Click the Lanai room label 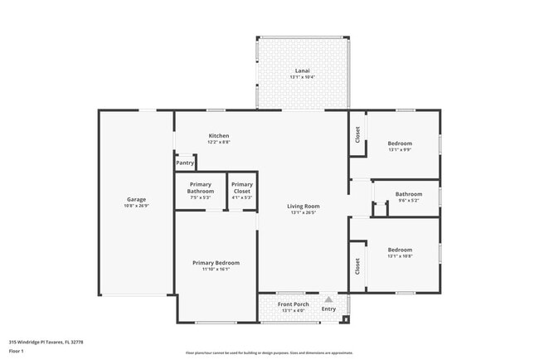tap(303, 71)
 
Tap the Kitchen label tap(219, 136)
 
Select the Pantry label tap(185, 163)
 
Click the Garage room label tap(136, 199)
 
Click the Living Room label tap(303, 206)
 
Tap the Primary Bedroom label tap(216, 263)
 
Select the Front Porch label tap(294, 304)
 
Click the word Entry tap(328, 309)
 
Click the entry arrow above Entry tap(328, 299)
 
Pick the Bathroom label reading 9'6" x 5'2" tap(409, 194)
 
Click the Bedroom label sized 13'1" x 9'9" tap(400, 144)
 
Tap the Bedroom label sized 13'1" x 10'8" tap(400, 249)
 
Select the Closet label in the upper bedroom tap(357, 134)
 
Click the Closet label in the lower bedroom tap(357, 266)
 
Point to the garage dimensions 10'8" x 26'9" tap(136, 206)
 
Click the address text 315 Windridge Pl tap(46, 341)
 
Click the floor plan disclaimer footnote tap(269, 353)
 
